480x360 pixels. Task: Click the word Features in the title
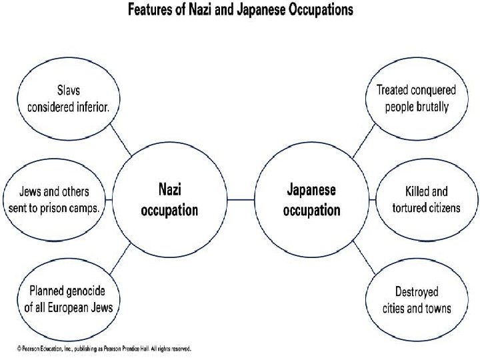click(x=150, y=10)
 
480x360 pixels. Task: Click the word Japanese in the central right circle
click(x=311, y=190)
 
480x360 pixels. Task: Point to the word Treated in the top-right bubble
click(x=394, y=89)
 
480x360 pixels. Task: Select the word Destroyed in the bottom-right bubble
click(x=417, y=292)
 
